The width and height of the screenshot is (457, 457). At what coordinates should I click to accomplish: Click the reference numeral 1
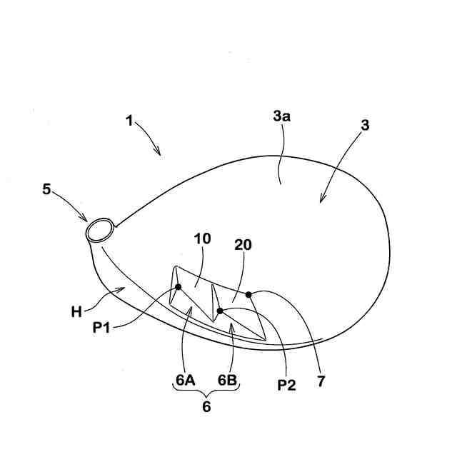click(x=130, y=121)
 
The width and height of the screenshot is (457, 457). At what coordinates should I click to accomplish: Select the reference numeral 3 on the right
click(x=365, y=125)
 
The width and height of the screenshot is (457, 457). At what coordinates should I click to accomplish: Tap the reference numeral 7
click(x=321, y=382)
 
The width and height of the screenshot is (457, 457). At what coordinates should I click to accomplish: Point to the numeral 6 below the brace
click(x=207, y=407)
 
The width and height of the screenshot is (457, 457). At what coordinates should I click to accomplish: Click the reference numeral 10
click(x=202, y=238)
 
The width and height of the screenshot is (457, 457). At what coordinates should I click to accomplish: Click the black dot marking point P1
click(x=178, y=287)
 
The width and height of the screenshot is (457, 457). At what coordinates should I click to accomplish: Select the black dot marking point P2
click(x=220, y=311)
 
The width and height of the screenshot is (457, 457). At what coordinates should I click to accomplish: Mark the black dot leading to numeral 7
click(x=248, y=294)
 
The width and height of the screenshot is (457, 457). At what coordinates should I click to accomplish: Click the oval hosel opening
click(x=99, y=230)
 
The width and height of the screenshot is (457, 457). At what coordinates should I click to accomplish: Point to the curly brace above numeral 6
click(x=207, y=392)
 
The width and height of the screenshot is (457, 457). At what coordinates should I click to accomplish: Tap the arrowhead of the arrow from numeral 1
click(x=160, y=154)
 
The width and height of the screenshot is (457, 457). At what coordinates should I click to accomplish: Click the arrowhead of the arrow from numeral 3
click(x=321, y=202)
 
